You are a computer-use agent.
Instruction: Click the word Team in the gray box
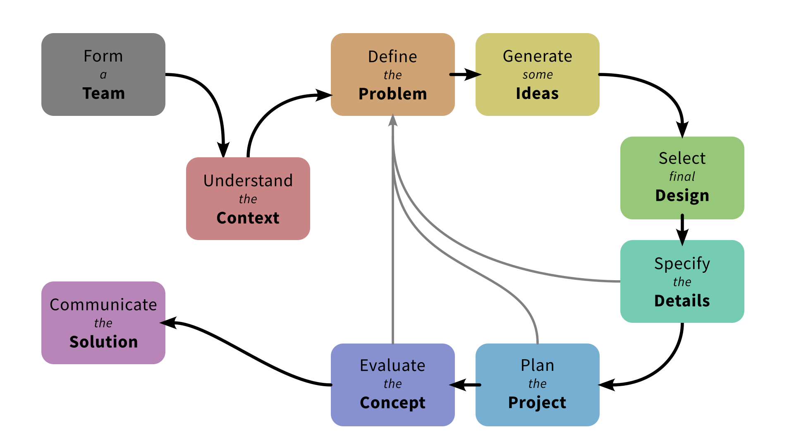[x=103, y=94]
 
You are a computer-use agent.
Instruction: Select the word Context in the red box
[x=248, y=218]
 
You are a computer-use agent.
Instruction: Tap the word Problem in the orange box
[x=392, y=94]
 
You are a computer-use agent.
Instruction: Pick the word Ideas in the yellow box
[x=537, y=94]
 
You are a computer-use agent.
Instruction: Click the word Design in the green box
[x=682, y=195]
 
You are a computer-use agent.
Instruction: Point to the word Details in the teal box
[x=682, y=301]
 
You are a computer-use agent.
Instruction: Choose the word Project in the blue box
[x=537, y=403]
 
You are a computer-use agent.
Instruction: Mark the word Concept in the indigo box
[x=392, y=403]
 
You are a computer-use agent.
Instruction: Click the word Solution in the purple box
[x=103, y=342]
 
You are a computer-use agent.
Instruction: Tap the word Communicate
[x=103, y=305]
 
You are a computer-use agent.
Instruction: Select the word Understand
[x=248, y=181]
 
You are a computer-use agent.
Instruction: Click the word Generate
[x=537, y=56]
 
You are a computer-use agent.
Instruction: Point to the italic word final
[x=682, y=177]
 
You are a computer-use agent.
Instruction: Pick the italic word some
[x=537, y=75]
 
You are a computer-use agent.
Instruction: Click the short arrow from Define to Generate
[x=465, y=74]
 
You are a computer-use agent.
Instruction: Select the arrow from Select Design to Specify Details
[x=682, y=230]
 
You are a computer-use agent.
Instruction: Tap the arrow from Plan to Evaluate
[x=465, y=385]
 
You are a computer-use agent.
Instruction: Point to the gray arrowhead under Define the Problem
[x=393, y=121]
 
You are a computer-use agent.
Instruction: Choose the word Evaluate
[x=392, y=365]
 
